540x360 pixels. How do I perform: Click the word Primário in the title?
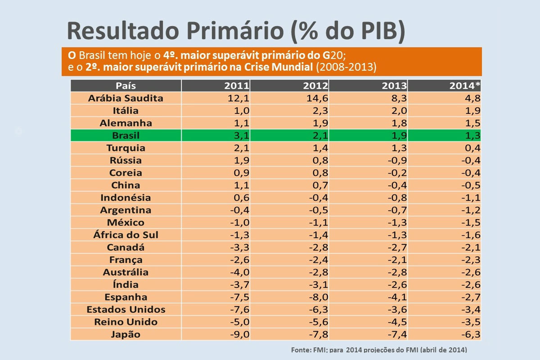(x=237, y=30)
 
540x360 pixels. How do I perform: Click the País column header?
(x=126, y=85)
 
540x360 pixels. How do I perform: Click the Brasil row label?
(x=126, y=135)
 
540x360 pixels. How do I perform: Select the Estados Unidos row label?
(x=126, y=310)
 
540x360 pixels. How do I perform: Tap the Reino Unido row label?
(x=126, y=322)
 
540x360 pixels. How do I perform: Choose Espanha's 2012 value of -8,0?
(x=317, y=297)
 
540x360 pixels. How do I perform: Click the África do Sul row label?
(x=126, y=235)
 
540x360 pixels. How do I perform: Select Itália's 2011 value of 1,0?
(x=239, y=111)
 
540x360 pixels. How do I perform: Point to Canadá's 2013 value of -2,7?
(x=393, y=247)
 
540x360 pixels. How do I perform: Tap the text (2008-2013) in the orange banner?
(x=346, y=67)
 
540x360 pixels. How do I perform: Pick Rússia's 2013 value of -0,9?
(x=393, y=160)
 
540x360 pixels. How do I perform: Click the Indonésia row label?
(x=126, y=198)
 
